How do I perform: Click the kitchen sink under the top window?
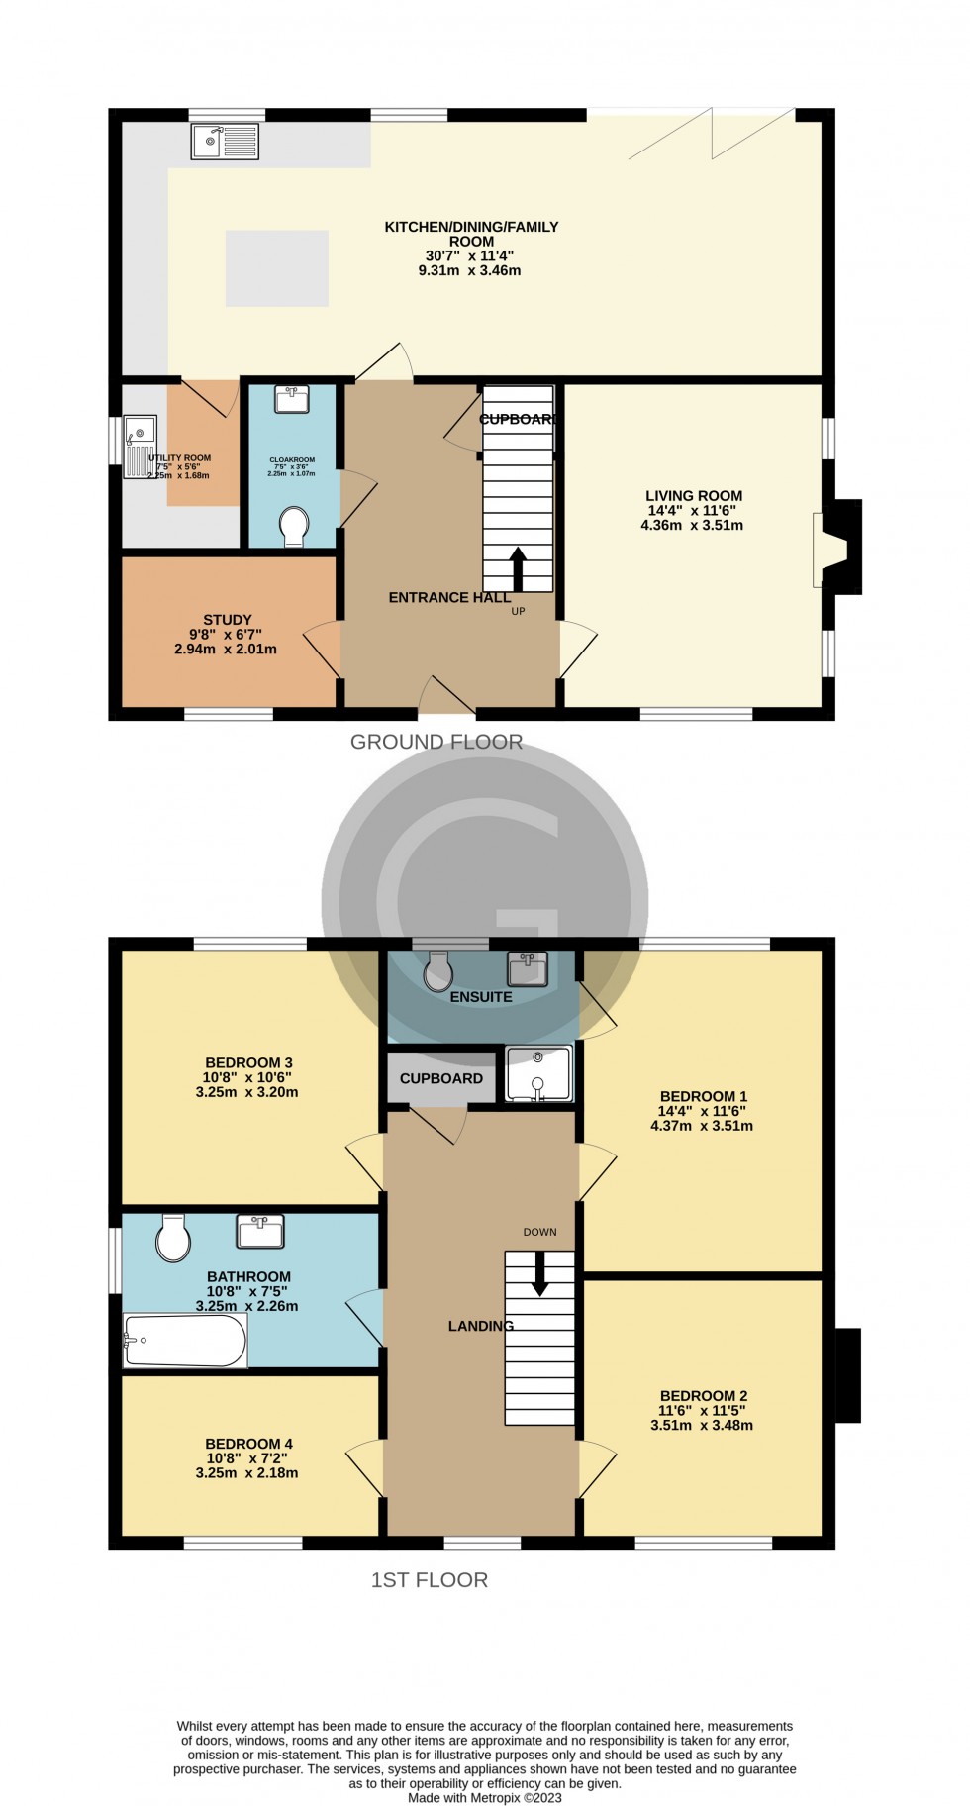[225, 142]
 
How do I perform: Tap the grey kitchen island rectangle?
[276, 267]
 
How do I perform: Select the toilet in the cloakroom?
[294, 526]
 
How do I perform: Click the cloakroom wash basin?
[291, 399]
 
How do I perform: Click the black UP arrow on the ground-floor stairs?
[517, 568]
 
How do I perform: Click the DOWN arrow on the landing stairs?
[539, 1273]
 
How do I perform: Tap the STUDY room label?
[228, 620]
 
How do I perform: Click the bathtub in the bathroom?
[185, 1341]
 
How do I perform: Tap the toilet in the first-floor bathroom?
[173, 1238]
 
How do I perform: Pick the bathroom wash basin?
[260, 1231]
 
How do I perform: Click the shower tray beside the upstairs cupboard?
[538, 1074]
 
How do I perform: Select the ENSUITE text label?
[481, 997]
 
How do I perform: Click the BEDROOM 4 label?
[248, 1444]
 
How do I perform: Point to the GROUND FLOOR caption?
[436, 742]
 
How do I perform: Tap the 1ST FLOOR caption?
[430, 1579]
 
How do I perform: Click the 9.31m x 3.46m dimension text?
[469, 270]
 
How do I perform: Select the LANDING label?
[481, 1326]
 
